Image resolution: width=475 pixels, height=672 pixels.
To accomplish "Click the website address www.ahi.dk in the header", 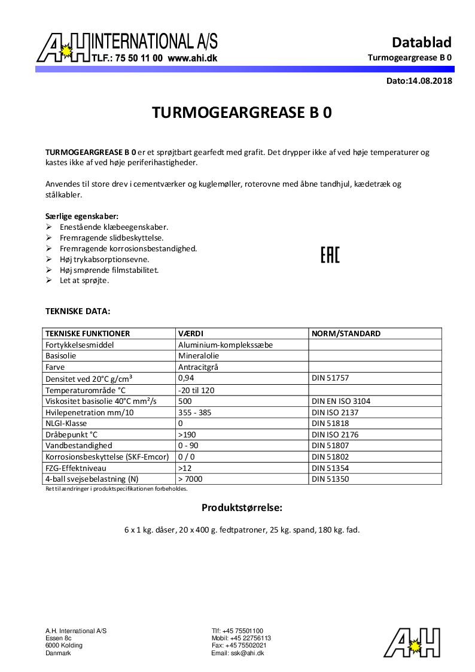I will click(x=192, y=59).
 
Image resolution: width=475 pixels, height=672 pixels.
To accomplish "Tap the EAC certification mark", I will click(x=330, y=256).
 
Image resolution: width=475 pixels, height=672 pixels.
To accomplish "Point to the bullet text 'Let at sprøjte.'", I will click(x=84, y=280).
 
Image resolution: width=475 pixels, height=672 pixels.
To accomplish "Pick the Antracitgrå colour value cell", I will click(x=198, y=367).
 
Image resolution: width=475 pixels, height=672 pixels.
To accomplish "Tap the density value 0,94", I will click(x=186, y=378).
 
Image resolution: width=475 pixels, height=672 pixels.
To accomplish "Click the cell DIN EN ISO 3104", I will click(x=341, y=401).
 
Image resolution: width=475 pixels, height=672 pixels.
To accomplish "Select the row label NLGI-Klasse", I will click(x=66, y=423).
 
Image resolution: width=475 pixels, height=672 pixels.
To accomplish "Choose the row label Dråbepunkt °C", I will click(x=71, y=434).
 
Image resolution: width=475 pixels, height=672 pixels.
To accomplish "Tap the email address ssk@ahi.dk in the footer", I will click(x=247, y=653).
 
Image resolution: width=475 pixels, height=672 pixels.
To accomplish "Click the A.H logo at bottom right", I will click(x=412, y=642).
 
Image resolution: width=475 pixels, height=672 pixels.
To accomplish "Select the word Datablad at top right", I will click(x=421, y=42).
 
